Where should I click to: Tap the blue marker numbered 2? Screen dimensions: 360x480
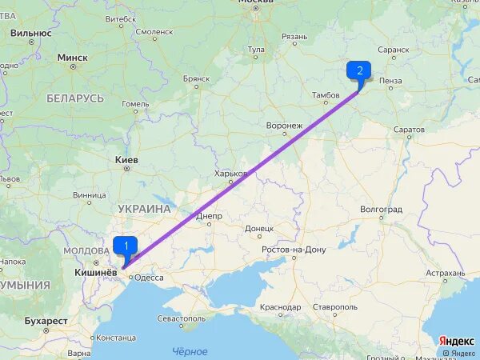[358, 70]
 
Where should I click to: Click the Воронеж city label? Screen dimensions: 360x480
[284, 126]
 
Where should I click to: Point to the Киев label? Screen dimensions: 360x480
[126, 160]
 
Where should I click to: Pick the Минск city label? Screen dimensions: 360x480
[73, 58]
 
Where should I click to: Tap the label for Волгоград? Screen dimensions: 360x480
[381, 209]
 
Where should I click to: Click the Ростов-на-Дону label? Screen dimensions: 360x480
[294, 250]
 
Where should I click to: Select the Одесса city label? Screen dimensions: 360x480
[149, 278]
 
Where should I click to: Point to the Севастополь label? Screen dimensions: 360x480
[181, 318]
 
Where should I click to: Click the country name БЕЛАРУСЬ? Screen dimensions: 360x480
[75, 98]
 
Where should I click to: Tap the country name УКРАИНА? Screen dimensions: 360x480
[144, 209]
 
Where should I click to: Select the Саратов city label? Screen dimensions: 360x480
[409, 129]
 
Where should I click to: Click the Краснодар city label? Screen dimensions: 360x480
[280, 307]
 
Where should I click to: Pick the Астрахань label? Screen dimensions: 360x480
[445, 273]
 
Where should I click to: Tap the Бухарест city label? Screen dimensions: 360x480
[46, 321]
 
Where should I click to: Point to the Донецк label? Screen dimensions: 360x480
[258, 228]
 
